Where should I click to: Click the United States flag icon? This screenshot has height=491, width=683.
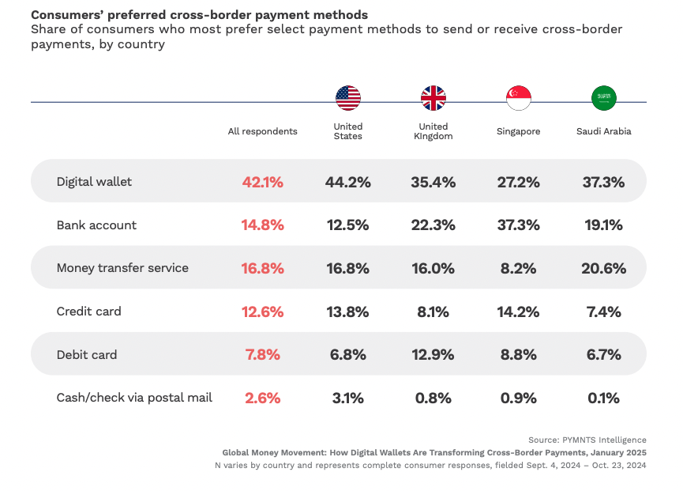pos(348,98)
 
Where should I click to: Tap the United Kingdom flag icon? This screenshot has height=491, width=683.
pos(433,98)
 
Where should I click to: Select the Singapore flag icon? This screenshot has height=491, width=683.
pos(519,98)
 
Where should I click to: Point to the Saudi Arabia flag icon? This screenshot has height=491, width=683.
pos(604,98)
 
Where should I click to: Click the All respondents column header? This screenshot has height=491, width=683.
pos(263,131)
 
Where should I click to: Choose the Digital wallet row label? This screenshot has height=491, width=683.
pos(94,182)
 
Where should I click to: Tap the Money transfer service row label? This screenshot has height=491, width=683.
pos(122,268)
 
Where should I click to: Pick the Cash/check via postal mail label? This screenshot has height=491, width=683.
pos(134,398)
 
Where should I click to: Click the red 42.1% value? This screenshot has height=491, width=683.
pos(263,182)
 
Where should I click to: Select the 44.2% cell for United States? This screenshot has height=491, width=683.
pos(348,182)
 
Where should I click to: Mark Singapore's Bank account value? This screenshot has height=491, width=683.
pos(519,225)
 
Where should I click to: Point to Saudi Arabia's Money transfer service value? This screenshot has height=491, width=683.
pos(604,268)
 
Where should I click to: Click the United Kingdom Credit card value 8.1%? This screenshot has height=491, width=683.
pos(433,312)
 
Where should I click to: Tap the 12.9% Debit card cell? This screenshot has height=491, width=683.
pos(433,355)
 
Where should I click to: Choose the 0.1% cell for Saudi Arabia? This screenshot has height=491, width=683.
pos(604,398)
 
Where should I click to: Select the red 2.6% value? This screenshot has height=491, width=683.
pos(263,398)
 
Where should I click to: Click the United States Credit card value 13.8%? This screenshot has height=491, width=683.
pos(348,312)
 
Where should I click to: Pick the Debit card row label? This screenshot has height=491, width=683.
pos(87,355)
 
